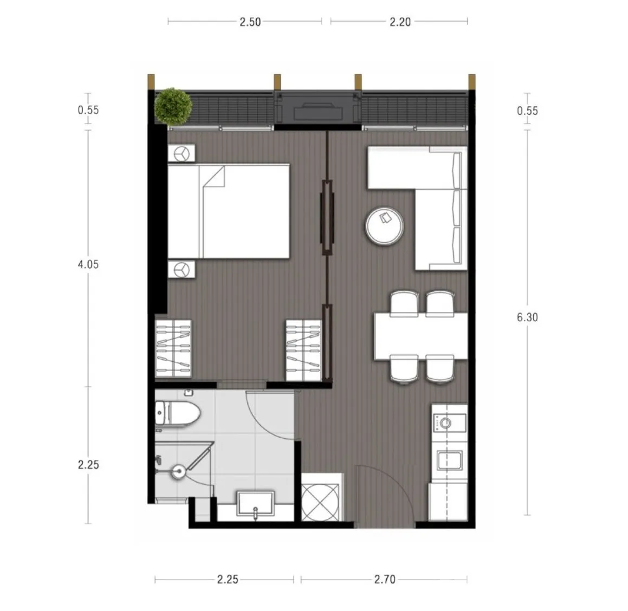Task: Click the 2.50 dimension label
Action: pyautogui.click(x=250, y=22)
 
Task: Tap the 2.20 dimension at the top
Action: pyautogui.click(x=400, y=22)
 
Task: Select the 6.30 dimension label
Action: pyautogui.click(x=527, y=317)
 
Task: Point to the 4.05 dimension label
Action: pyautogui.click(x=88, y=264)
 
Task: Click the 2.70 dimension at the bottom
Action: pyautogui.click(x=385, y=579)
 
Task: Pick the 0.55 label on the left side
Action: pyautogui.click(x=88, y=110)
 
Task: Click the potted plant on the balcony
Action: pyautogui.click(x=173, y=106)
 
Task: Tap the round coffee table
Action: pyautogui.click(x=385, y=225)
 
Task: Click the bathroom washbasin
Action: pyautogui.click(x=256, y=504)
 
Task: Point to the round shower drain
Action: pyautogui.click(x=178, y=471)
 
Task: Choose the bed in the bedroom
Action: pyautogui.click(x=228, y=211)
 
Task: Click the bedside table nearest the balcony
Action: pyautogui.click(x=182, y=153)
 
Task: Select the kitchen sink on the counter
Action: pyautogui.click(x=449, y=460)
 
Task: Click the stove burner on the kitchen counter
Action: pyautogui.click(x=446, y=423)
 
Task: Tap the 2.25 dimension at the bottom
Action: pyautogui.click(x=228, y=579)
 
